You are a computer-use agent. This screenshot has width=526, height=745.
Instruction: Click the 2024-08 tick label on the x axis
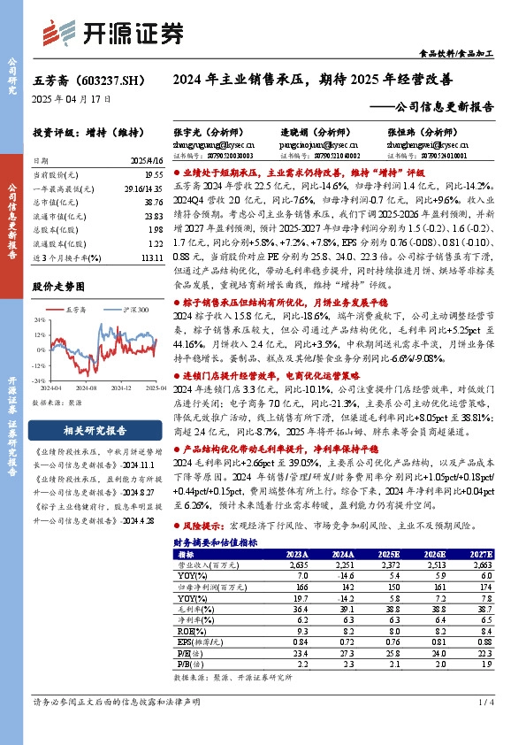(x=86, y=387)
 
